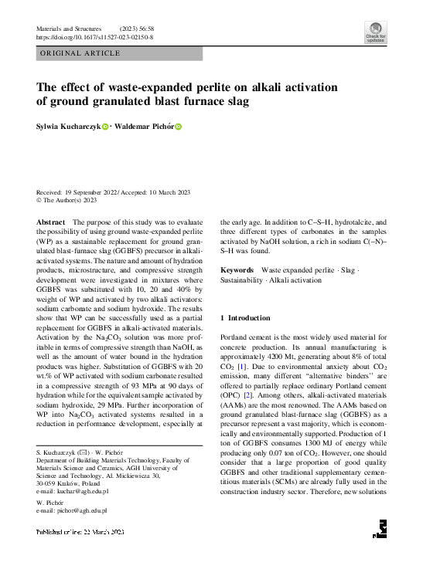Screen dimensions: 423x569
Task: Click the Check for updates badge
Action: pyautogui.click(x=376, y=32)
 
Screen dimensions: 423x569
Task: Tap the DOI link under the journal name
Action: pyautogui.click(x=95, y=36)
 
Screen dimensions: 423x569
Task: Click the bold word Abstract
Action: pyautogui.click(x=51, y=222)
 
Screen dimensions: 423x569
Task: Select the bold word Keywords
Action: pyautogui.click(x=237, y=269)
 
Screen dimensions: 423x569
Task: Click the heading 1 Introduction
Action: pyautogui.click(x=245, y=318)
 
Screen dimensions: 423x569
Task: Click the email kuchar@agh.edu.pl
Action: pyautogui.click(x=80, y=490)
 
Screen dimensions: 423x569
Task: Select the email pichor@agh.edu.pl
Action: pyautogui.click(x=80, y=510)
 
